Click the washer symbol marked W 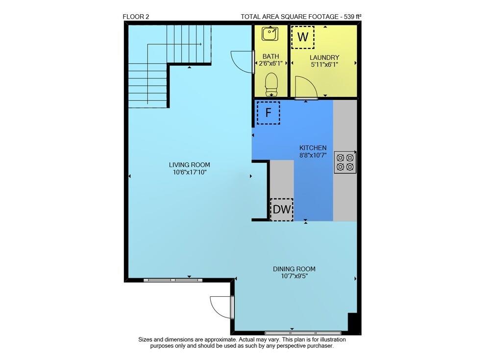click(303, 37)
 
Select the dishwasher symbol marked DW click(282, 210)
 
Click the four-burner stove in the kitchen click(345, 163)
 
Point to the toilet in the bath click(271, 84)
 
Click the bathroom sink click(269, 34)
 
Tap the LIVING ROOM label click(189, 165)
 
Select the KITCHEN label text click(313, 148)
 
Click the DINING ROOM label click(294, 269)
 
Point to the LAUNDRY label click(324, 57)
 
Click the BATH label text click(270, 56)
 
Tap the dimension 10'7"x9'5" click(294, 276)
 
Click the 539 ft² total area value click(350, 17)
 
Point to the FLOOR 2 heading click(136, 17)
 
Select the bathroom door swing click(243, 61)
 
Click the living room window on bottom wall click(173, 280)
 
